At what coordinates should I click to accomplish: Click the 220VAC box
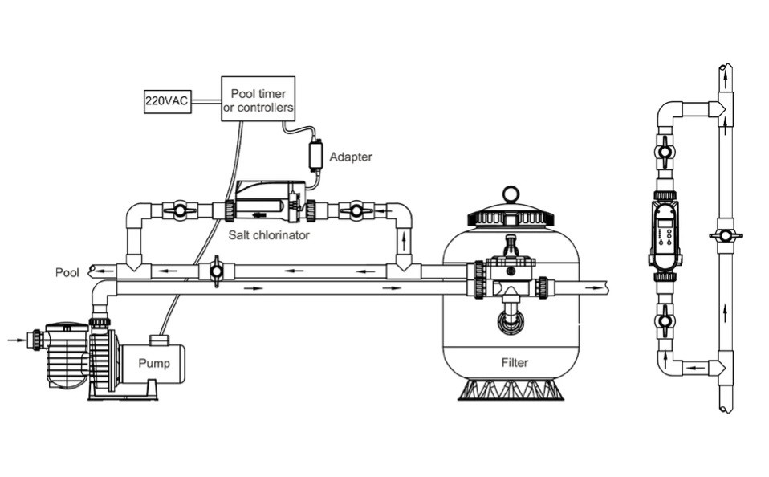click(x=167, y=101)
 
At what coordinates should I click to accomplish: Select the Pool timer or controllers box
click(x=258, y=99)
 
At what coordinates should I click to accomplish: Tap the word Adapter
click(x=351, y=157)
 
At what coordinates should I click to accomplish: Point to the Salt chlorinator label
click(x=256, y=235)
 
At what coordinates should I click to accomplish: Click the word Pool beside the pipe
click(x=67, y=272)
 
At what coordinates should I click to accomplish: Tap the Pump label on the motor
click(x=154, y=363)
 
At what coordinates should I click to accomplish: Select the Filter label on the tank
click(x=515, y=362)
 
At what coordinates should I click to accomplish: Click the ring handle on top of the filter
click(x=510, y=194)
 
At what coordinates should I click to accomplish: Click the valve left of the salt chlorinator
click(x=179, y=211)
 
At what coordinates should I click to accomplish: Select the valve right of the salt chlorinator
click(x=356, y=211)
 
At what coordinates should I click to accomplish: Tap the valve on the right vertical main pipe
click(x=725, y=236)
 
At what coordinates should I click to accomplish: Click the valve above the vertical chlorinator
click(x=665, y=150)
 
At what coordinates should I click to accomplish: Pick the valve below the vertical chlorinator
click(x=665, y=320)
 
